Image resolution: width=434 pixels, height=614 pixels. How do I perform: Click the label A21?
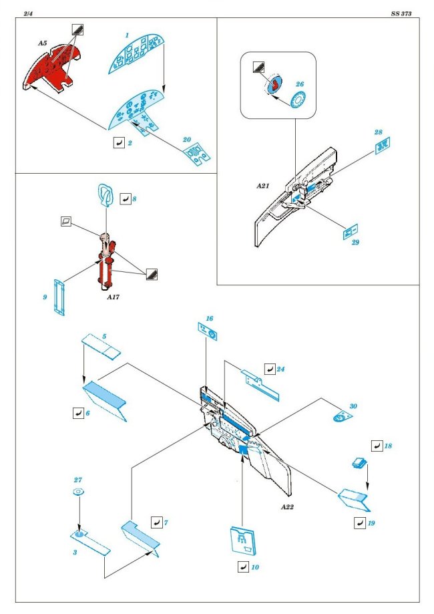[x=262, y=186]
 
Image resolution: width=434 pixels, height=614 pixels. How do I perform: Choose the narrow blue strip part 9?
[x=61, y=297]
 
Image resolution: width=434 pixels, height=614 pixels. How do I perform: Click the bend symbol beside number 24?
[x=269, y=368]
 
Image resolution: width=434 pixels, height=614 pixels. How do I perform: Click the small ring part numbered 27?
[x=78, y=492]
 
